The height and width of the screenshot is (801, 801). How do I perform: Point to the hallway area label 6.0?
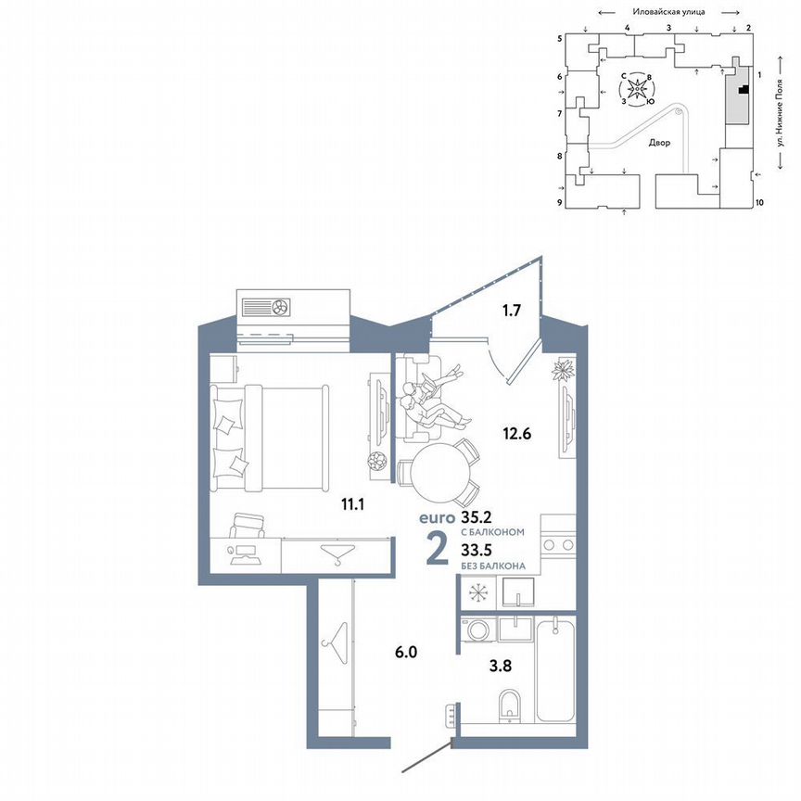406,652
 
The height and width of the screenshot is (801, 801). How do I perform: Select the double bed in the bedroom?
271,439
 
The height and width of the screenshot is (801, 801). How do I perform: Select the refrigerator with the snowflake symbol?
478,591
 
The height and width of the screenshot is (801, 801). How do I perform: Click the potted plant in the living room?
563,371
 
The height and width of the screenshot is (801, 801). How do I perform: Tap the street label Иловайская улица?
668,12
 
